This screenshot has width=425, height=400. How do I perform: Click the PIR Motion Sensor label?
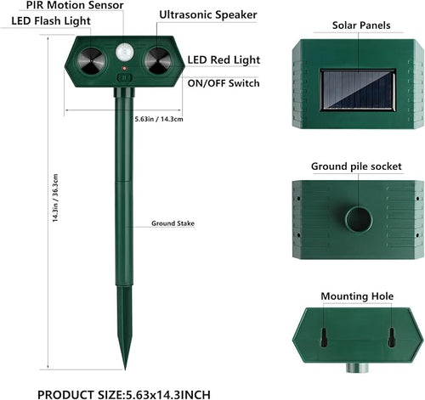point(75,5)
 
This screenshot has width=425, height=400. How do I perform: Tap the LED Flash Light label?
point(51,21)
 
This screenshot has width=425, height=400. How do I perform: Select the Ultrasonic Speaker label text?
point(208,14)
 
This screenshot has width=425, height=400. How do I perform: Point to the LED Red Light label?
point(224,59)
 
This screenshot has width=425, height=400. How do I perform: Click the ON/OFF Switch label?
point(224,83)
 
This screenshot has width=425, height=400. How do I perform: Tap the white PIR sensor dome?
point(125,52)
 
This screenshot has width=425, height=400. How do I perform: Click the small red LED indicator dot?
point(124,68)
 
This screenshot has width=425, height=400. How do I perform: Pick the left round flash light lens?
point(91,61)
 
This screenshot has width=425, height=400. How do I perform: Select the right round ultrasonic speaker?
point(158,61)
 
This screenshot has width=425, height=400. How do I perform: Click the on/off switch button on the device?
point(124,78)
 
